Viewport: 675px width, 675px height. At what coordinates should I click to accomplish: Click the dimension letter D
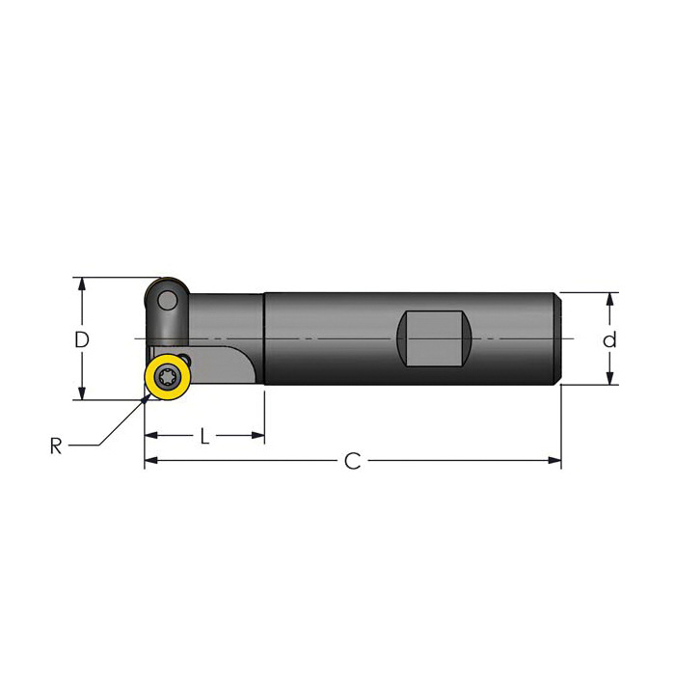pyautogui.click(x=82, y=339)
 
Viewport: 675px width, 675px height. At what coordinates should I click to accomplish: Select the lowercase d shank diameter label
pyautogui.click(x=609, y=339)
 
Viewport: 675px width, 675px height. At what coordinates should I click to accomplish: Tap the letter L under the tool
pyautogui.click(x=204, y=436)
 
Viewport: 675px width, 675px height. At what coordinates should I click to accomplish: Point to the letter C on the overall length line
pyautogui.click(x=353, y=462)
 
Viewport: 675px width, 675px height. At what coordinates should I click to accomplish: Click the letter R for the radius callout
pyautogui.click(x=56, y=445)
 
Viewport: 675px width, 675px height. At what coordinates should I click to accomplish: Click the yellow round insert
pyautogui.click(x=168, y=377)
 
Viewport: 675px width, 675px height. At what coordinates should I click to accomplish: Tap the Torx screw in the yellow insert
pyautogui.click(x=167, y=378)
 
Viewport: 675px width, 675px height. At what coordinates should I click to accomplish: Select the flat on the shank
pyautogui.click(x=434, y=338)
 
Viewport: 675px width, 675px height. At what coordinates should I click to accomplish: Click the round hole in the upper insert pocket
pyautogui.click(x=167, y=300)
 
